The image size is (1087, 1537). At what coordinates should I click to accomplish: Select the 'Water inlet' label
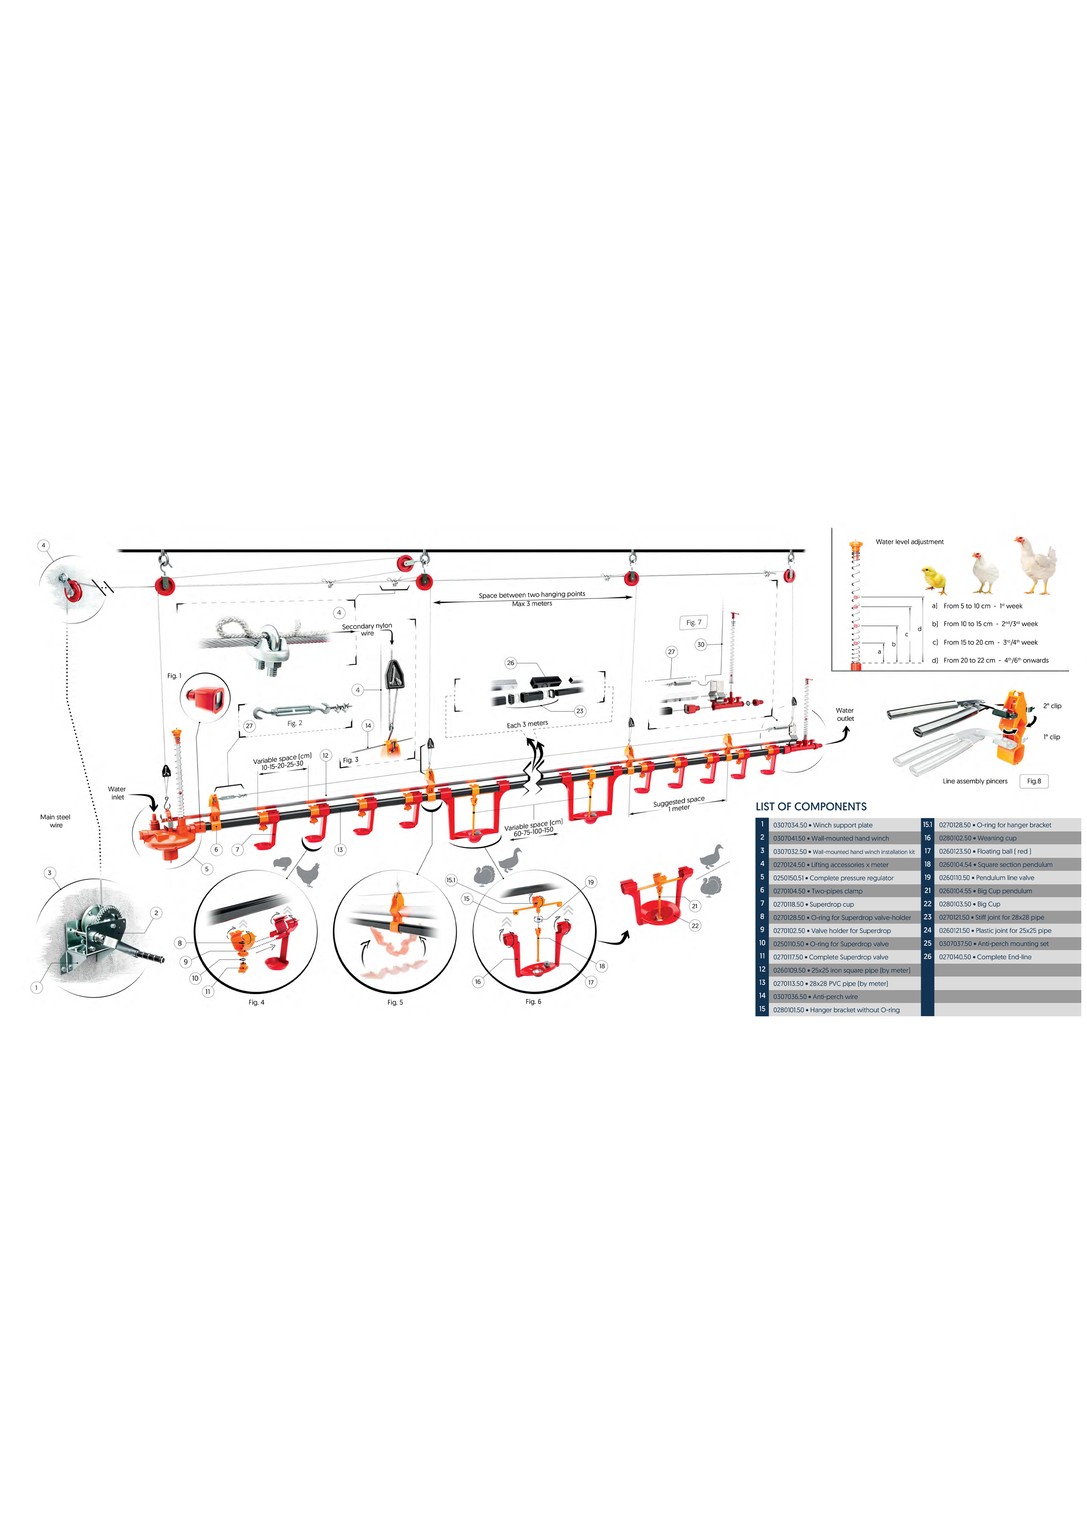click(x=117, y=793)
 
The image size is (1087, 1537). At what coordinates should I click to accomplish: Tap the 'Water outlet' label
click(x=845, y=714)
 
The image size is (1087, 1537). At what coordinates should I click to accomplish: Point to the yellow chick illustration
click(x=935, y=580)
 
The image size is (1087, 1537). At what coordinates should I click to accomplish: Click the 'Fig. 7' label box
click(x=693, y=623)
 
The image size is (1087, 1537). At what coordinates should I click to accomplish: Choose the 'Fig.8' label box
click(x=1034, y=781)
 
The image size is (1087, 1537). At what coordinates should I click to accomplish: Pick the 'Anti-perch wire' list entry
click(x=815, y=997)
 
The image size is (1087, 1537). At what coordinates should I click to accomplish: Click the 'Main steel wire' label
click(x=56, y=821)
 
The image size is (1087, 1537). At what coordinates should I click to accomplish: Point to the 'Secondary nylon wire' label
click(x=367, y=629)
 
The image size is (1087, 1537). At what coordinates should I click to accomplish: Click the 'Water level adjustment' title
click(x=909, y=541)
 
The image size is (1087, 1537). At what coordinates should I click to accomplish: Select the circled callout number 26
click(x=511, y=663)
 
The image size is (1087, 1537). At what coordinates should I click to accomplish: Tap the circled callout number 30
click(x=701, y=645)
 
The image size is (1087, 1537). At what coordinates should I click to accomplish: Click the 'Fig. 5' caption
click(x=395, y=1002)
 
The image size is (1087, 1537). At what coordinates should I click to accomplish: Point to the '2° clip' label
click(x=1052, y=705)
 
